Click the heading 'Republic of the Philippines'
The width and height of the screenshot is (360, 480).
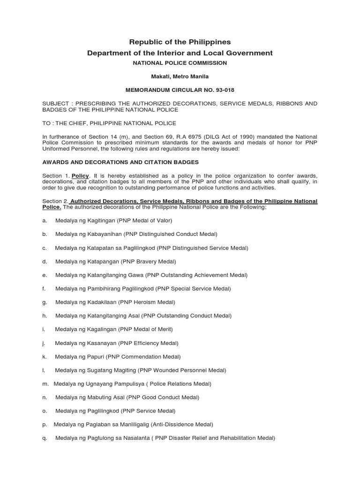click(180, 42)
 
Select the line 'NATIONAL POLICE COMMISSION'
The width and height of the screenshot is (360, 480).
click(180, 63)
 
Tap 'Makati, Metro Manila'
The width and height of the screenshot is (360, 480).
click(180, 75)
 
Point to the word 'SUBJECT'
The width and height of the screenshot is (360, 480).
click(56, 103)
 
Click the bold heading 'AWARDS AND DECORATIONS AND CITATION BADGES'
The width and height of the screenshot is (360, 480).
click(121, 162)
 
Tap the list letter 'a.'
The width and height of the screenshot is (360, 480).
click(44, 220)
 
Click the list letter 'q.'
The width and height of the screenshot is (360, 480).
click(44, 438)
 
